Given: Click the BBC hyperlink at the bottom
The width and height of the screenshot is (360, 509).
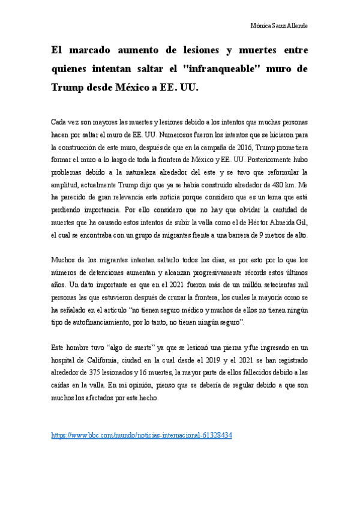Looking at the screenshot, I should [x=142, y=435].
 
